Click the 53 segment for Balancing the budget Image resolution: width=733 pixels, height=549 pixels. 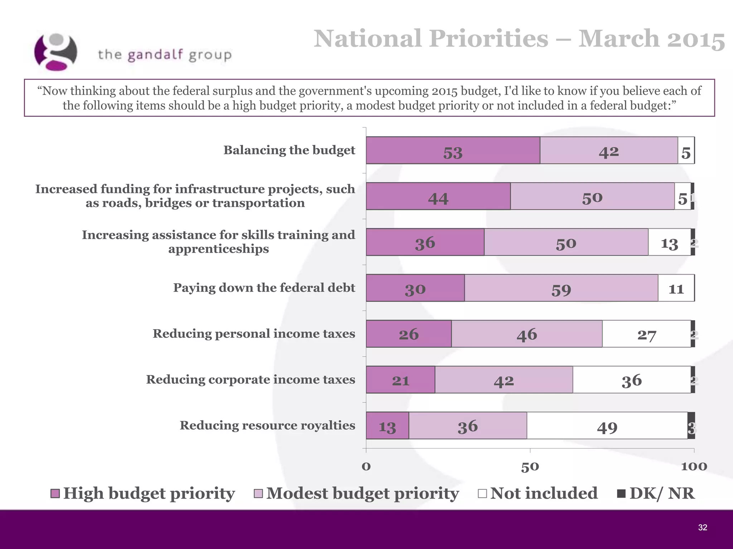click(x=453, y=150)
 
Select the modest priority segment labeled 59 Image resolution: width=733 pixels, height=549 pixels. click(x=561, y=288)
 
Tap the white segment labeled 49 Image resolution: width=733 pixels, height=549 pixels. click(x=607, y=426)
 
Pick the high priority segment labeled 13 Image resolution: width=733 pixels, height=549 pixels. click(x=387, y=426)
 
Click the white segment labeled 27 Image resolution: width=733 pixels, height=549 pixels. click(x=646, y=334)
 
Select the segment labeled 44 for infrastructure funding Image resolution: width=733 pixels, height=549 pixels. click(x=438, y=196)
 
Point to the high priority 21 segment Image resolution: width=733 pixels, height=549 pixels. click(x=400, y=380)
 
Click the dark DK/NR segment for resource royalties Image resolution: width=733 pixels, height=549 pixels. click(x=691, y=426)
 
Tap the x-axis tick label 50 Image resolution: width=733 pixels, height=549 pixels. click(x=530, y=467)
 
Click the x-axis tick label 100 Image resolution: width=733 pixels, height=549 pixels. click(x=694, y=467)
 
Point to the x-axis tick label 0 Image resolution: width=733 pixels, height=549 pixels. click(x=366, y=467)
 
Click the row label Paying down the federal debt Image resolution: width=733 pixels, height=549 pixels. click(x=264, y=288)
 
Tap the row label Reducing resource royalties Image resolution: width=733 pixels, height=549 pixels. click(x=267, y=425)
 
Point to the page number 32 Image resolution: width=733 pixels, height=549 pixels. click(x=703, y=528)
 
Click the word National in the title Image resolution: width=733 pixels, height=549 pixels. click(x=368, y=39)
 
